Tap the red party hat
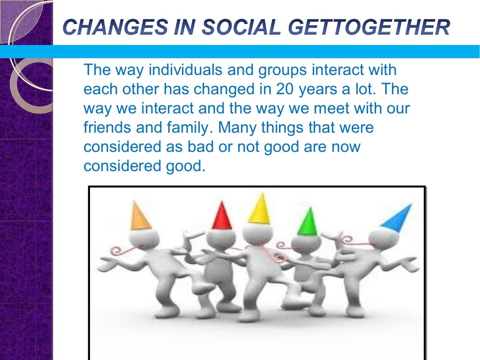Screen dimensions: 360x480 pyautogui.click(x=222, y=217)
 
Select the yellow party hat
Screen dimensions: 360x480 pyautogui.click(x=259, y=209)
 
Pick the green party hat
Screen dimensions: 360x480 pyautogui.click(x=308, y=222)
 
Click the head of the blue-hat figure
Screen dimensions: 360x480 pyautogui.click(x=381, y=240)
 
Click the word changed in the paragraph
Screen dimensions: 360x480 pyautogui.click(x=212, y=89)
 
